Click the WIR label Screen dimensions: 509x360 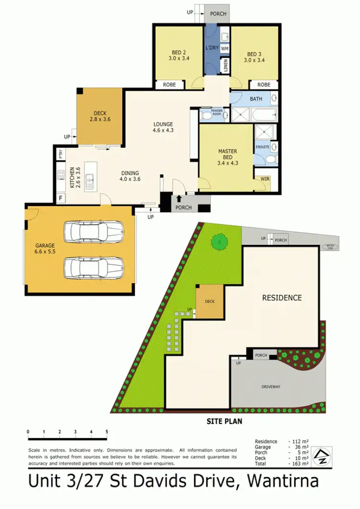[x=265, y=179]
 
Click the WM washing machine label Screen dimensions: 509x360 [x=225, y=48]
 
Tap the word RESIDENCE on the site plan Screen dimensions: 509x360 [x=282, y=298]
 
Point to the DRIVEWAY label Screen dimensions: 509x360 [x=271, y=386]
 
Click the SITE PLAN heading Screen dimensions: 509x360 [x=224, y=421]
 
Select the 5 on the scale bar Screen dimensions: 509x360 [x=107, y=432]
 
